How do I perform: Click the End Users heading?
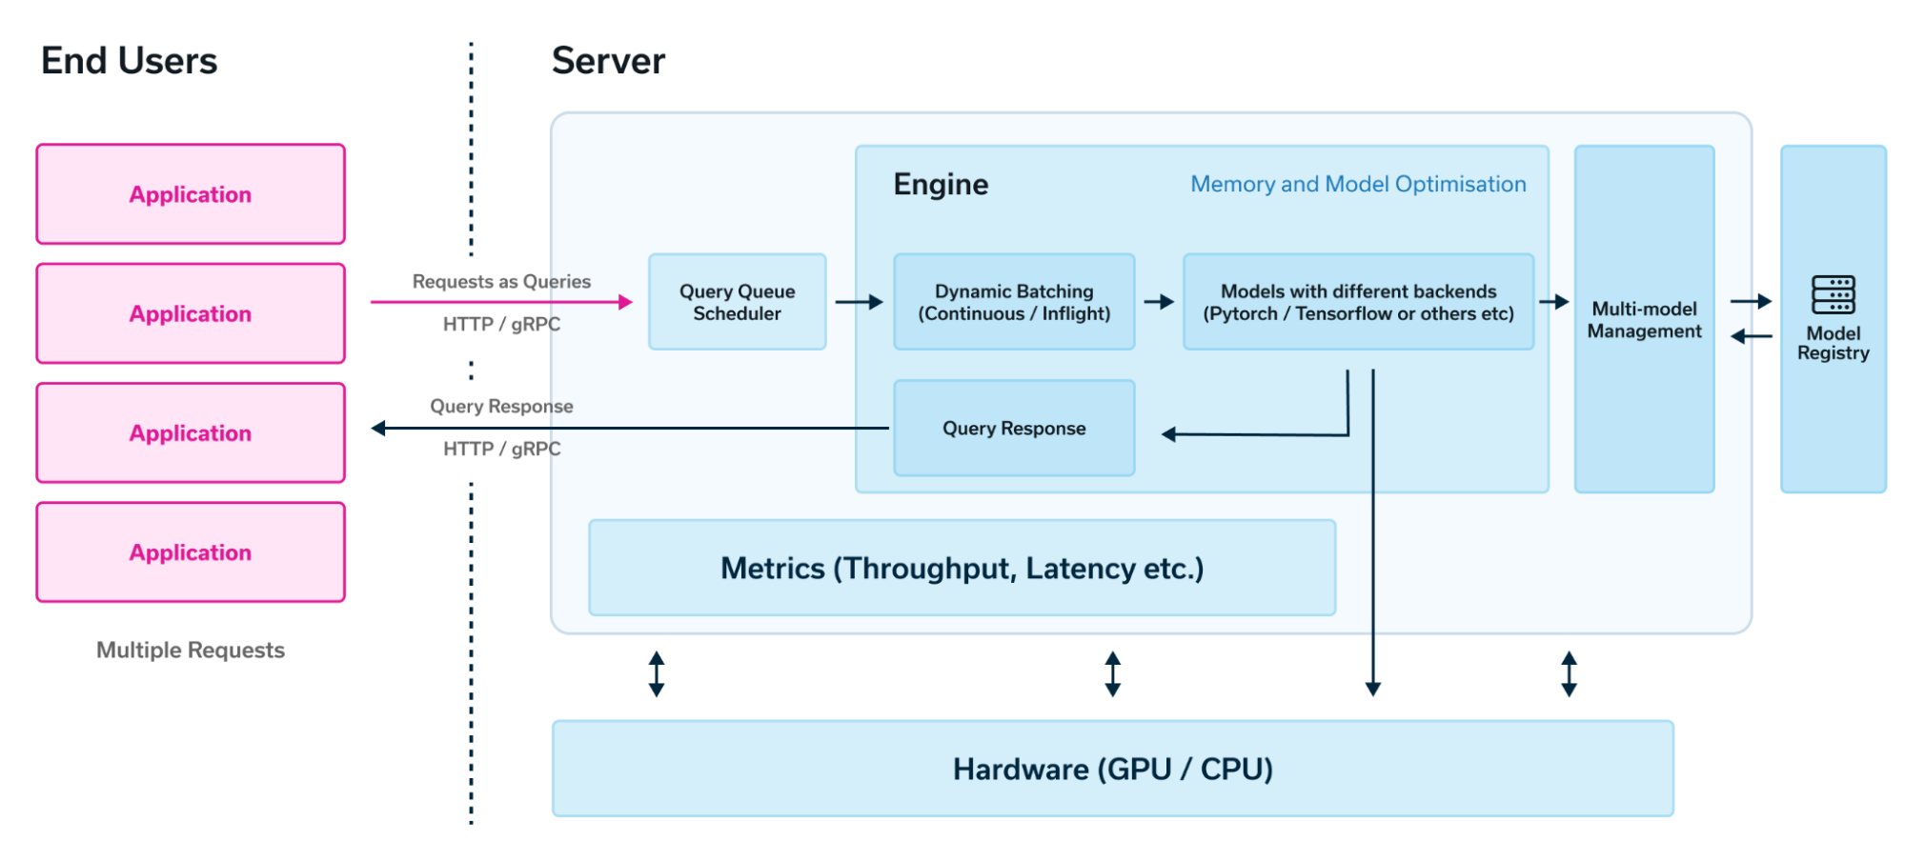coord(129,61)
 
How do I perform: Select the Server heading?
coord(608,61)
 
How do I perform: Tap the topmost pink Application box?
coord(191,194)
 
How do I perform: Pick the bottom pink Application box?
coord(191,552)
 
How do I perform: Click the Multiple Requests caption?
coord(191,650)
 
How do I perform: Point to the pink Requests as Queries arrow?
coord(501,302)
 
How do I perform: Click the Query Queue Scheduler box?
coord(737,302)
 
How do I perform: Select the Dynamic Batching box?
coord(1014,302)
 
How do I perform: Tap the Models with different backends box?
coord(1358,302)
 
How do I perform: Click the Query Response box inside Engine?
coord(1014,429)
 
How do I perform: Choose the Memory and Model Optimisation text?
coord(1358,184)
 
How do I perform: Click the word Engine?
coord(941,184)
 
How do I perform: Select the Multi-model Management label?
coord(1644,320)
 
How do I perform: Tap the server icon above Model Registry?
coord(1833,294)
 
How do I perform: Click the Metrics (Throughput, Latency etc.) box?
coord(962,569)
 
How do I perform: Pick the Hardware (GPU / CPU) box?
coord(1112,769)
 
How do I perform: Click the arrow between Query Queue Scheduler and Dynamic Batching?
coord(859,302)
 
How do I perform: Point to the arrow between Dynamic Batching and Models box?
coord(1159,302)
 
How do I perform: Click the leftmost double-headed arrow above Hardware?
coord(657,674)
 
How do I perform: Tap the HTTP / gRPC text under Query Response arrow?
coord(501,449)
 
